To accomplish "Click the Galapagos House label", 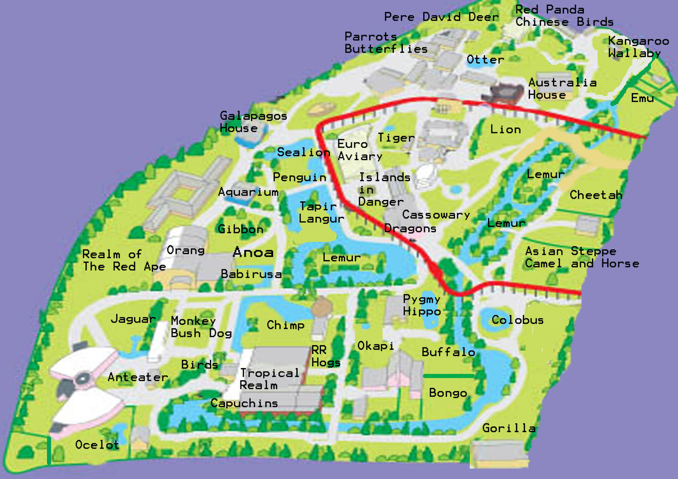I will [253, 122].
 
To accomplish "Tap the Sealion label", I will [303, 152].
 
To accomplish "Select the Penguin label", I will [299, 177].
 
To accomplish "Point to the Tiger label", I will [396, 138].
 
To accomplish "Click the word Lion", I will [505, 129].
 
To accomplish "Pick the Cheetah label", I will [596, 195].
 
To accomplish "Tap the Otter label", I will [485, 59].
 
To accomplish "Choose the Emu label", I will [642, 98].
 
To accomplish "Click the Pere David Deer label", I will [441, 17].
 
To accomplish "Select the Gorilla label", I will [509, 428].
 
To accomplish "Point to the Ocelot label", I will [97, 445].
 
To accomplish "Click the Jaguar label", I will [133, 319].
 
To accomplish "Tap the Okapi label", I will [375, 346].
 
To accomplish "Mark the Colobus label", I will [517, 320].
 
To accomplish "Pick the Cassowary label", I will [436, 215].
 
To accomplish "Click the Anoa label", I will [253, 252].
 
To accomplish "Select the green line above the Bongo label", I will [449, 376].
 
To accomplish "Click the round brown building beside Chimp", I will [321, 306].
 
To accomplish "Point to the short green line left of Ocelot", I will [49, 450].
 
